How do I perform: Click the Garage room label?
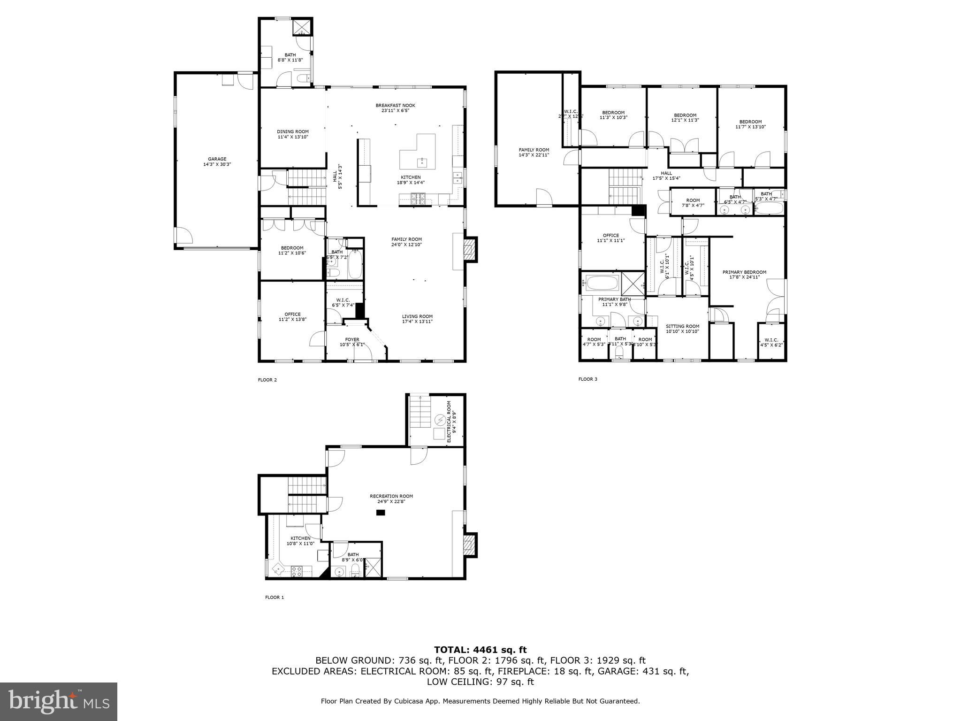[217, 159]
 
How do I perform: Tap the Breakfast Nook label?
[395, 106]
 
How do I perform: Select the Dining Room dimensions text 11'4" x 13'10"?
[292, 137]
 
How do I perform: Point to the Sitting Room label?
[682, 326]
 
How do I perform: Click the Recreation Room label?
[391, 496]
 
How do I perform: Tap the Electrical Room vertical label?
[449, 421]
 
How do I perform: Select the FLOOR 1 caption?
[275, 598]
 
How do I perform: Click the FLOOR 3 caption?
[587, 379]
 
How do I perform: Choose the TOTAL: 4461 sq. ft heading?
[480, 650]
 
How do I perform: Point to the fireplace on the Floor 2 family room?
[470, 250]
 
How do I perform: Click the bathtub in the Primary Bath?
[600, 283]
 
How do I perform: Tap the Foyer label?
[352, 339]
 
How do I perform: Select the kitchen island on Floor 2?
[418, 152]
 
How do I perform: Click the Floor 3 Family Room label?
[534, 150]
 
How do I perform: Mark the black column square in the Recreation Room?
[380, 513]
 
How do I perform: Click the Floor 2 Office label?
[292, 314]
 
